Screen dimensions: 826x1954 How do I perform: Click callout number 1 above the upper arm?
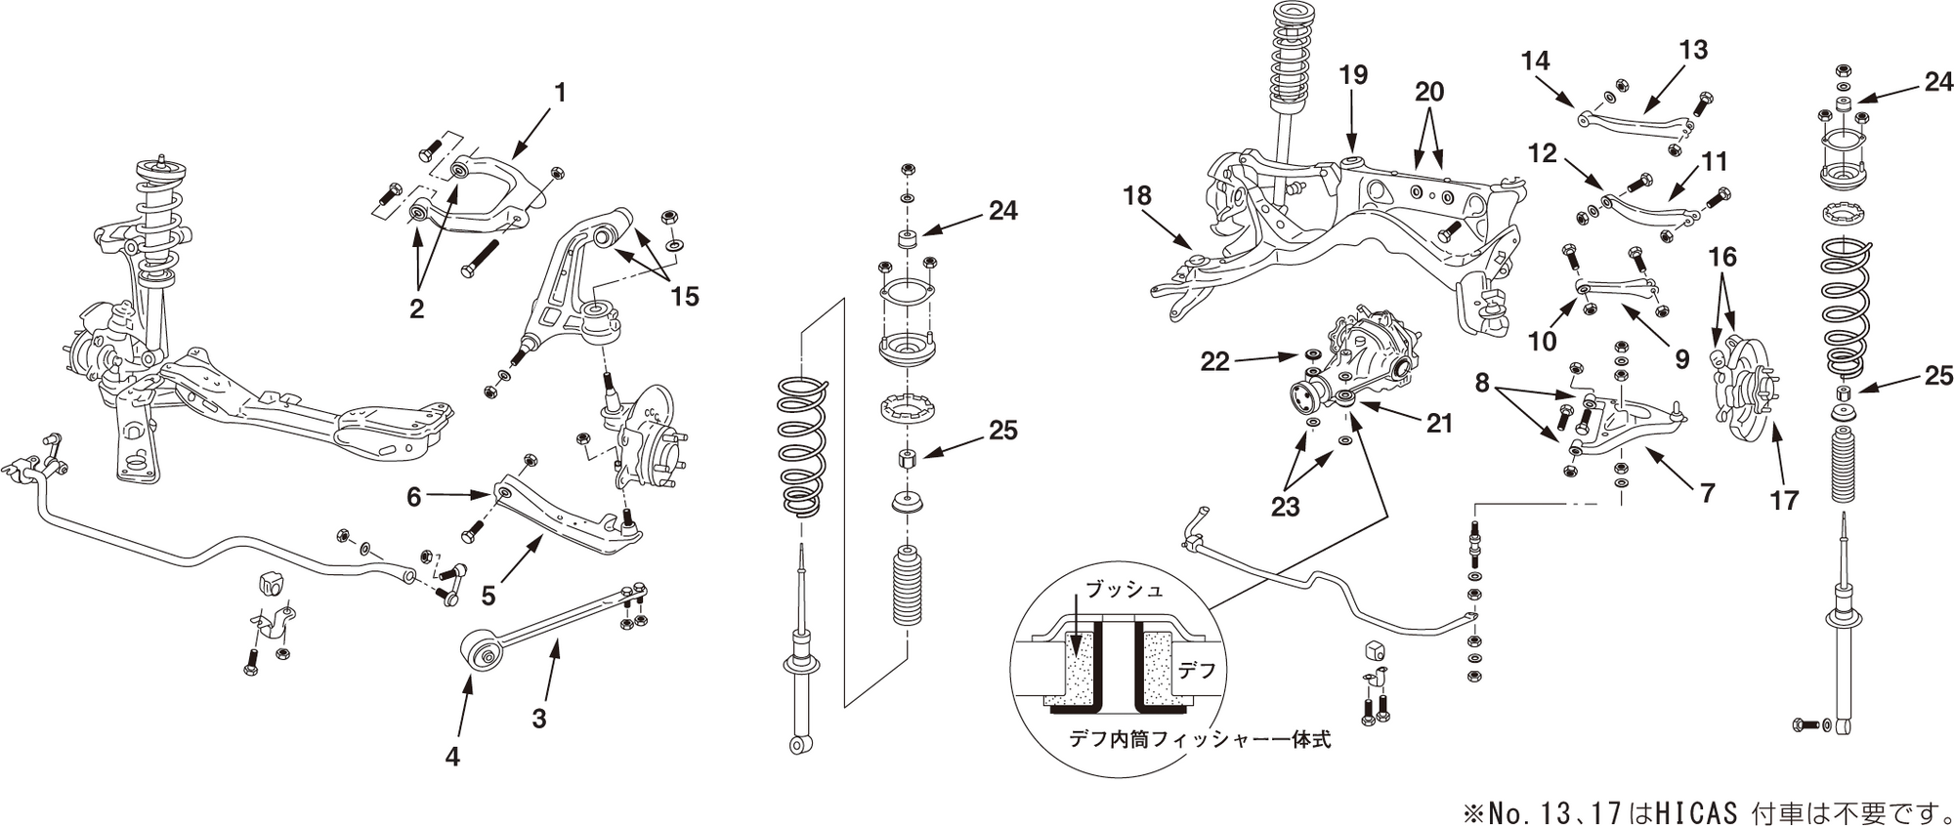560,93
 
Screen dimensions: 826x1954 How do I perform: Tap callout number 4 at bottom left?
451,757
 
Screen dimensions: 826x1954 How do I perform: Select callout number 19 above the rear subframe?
1353,75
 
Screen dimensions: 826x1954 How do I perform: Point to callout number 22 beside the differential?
1214,362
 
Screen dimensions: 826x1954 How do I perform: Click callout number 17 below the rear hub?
1783,501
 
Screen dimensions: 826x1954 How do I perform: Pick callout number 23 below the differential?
1285,507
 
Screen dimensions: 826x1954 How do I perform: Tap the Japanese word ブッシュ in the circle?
1125,591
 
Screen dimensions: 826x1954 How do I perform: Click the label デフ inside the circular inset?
1197,671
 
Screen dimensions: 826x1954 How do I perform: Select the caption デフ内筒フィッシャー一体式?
1200,739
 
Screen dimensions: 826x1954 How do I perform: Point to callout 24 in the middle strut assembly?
1002,211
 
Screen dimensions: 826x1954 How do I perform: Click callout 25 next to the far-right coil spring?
1938,376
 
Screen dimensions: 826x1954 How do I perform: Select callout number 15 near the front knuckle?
685,296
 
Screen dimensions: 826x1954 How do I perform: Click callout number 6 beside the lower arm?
414,497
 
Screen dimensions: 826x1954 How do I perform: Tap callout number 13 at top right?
1693,50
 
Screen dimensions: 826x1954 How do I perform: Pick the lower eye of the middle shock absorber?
800,745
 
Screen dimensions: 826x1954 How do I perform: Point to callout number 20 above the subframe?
1428,93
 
